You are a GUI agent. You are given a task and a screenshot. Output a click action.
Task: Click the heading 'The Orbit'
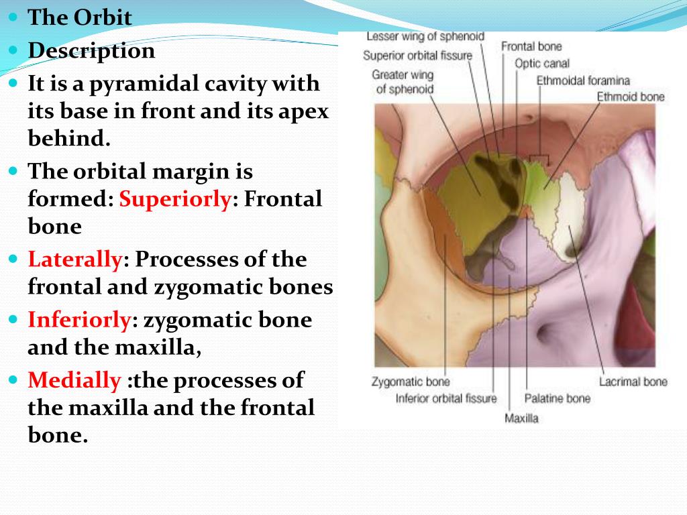click(x=80, y=17)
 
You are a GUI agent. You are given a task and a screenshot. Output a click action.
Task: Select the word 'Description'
click(x=91, y=51)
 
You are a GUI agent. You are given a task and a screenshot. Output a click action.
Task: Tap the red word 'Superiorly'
click(x=175, y=199)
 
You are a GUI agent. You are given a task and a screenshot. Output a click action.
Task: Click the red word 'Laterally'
click(x=74, y=260)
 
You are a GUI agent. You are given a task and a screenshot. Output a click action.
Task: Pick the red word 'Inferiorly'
click(x=79, y=320)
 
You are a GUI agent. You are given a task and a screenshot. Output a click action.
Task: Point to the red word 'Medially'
click(x=74, y=381)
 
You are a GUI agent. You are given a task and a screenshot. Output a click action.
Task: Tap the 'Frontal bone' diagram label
click(x=531, y=46)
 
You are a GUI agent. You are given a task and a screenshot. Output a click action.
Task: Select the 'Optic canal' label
click(x=542, y=63)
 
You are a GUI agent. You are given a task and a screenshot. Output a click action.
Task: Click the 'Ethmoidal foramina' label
click(x=583, y=80)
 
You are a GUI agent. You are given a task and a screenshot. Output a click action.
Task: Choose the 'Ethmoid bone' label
click(x=631, y=97)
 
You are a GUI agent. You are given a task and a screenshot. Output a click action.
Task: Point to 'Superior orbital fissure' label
click(x=417, y=55)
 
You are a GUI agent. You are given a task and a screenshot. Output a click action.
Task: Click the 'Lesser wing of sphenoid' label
click(x=425, y=36)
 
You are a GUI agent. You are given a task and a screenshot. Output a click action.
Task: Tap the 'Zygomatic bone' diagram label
click(x=411, y=382)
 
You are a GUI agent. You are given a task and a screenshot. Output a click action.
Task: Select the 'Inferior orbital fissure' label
click(x=446, y=399)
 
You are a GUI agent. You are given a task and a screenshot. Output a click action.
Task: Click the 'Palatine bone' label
click(x=558, y=398)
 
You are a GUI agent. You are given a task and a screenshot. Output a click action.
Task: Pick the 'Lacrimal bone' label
click(x=633, y=382)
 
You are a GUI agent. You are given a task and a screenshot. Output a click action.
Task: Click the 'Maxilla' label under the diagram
click(x=521, y=418)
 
